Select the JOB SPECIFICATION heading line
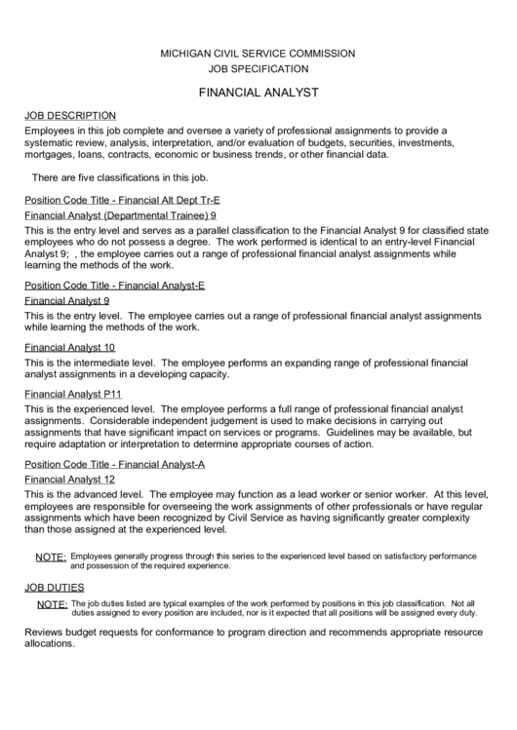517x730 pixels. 258,69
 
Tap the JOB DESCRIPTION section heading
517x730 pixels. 69,115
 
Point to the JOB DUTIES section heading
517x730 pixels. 55,588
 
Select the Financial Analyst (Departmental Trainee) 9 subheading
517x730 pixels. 120,215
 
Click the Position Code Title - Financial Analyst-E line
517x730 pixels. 114,286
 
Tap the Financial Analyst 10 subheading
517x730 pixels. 69,347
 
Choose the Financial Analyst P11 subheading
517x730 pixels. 73,394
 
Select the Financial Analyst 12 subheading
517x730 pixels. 69,480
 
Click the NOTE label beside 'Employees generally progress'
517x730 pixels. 50,557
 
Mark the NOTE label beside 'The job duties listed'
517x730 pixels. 50,605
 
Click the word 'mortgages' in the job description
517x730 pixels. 52,154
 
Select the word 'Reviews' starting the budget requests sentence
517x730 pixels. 46,633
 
